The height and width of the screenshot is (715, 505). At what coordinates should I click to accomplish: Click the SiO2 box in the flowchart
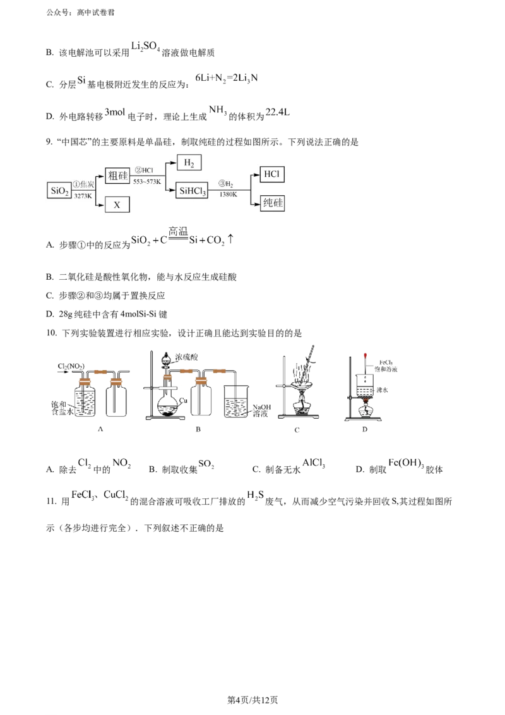point(59,190)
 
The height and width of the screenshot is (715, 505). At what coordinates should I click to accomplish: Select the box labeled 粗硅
point(118,176)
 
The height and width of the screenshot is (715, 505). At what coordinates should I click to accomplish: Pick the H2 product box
point(188,163)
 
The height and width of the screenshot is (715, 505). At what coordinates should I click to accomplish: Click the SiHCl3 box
point(193,190)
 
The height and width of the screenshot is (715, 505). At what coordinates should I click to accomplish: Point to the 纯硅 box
point(272,203)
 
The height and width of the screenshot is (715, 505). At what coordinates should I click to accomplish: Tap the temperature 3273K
point(82,196)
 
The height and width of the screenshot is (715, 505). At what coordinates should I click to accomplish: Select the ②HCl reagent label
point(145,171)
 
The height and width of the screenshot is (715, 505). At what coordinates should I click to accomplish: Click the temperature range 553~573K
point(146,181)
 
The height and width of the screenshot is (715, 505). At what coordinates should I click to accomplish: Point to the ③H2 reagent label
point(227,184)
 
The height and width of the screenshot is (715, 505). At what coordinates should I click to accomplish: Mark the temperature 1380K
point(228,195)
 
